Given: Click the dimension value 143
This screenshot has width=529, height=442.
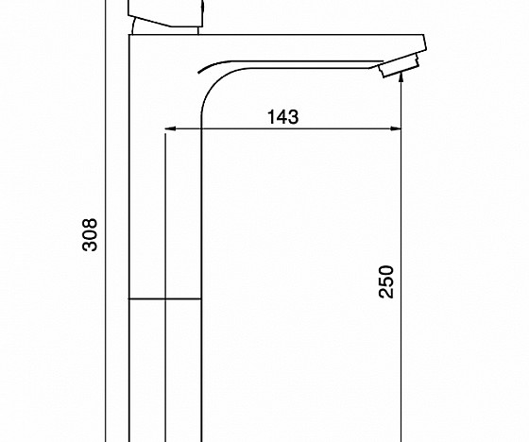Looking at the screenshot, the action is [282, 117].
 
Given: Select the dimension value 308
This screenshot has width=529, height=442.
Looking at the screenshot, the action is [90, 235].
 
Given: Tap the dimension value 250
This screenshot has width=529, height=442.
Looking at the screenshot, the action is [386, 281].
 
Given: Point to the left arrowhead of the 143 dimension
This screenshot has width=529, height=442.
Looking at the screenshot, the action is [170, 128].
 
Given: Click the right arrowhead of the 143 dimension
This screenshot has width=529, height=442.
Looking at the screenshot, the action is [396, 128].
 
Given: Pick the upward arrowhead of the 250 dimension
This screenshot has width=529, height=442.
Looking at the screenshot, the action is [401, 76].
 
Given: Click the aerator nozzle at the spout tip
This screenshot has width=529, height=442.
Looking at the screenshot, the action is [399, 64].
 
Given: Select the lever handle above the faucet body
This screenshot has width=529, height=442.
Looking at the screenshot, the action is [166, 13].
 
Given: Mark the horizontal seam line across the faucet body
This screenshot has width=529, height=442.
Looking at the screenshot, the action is [165, 299].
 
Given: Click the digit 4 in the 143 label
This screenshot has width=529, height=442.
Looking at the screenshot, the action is [282, 117].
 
